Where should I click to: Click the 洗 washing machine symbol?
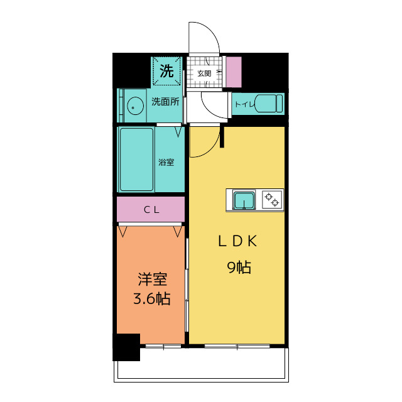(166, 71)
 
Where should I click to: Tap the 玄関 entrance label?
(204, 73)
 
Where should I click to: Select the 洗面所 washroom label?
(165, 102)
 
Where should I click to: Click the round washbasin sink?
(134, 106)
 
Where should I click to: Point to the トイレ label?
(244, 104)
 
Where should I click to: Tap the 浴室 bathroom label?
(166, 162)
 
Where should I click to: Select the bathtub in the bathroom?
(136, 160)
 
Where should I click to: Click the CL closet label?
(151, 210)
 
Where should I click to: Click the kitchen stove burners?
(272, 200)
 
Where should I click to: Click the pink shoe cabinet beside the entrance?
(234, 72)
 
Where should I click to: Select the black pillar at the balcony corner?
(126, 347)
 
